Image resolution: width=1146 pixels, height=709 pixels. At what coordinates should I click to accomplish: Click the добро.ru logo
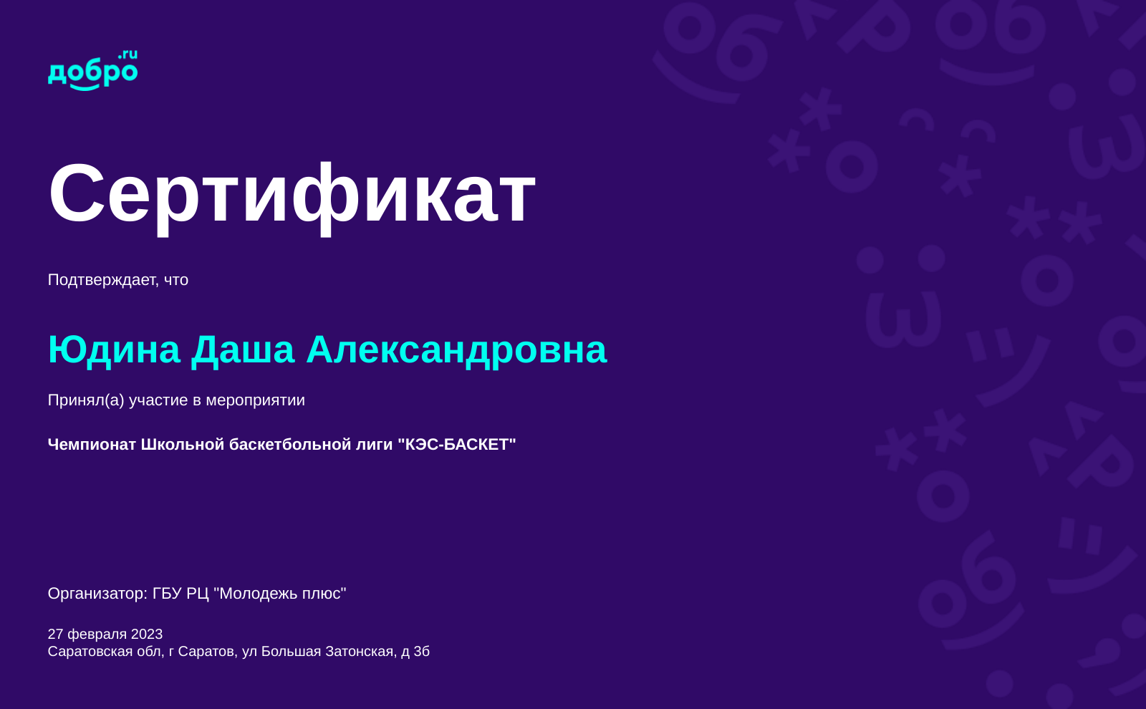92,71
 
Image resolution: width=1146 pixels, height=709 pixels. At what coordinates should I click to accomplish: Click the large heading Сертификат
292,196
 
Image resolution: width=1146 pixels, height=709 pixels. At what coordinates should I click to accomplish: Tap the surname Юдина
114,351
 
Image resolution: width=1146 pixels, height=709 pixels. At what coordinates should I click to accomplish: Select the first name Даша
243,351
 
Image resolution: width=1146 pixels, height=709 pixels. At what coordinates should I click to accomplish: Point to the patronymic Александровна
456,351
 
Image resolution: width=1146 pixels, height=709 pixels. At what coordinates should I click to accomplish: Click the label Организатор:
97,594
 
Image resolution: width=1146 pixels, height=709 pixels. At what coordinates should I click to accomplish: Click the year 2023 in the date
147,635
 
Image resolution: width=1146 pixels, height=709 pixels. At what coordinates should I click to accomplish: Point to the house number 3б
422,652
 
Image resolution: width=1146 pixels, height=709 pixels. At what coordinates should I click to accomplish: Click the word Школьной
183,444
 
